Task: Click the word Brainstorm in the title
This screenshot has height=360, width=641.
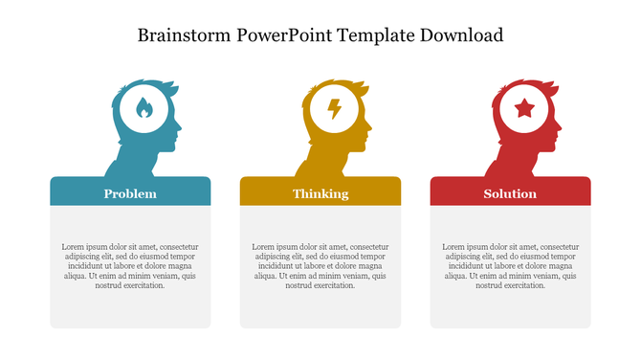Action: coord(185,36)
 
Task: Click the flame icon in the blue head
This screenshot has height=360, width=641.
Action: coord(144,109)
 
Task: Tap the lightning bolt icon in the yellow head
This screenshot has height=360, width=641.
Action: coord(334,109)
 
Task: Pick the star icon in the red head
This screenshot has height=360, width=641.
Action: coord(524,109)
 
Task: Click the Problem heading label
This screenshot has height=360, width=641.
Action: coord(130,194)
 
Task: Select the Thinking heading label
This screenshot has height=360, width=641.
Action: coord(320,194)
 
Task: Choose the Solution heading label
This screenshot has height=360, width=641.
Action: coord(510,194)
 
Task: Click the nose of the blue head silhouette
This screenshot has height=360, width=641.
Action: coord(180,127)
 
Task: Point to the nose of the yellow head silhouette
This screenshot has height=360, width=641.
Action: coord(370,127)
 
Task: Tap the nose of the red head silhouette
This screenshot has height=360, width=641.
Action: coord(561,127)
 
